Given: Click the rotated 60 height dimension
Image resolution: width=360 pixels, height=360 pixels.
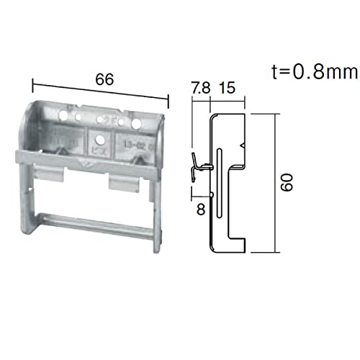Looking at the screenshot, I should (287, 182).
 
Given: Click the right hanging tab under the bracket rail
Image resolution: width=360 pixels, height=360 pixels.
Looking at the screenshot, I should (123, 184).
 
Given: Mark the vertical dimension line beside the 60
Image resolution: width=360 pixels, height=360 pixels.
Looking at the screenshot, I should (276, 182).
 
